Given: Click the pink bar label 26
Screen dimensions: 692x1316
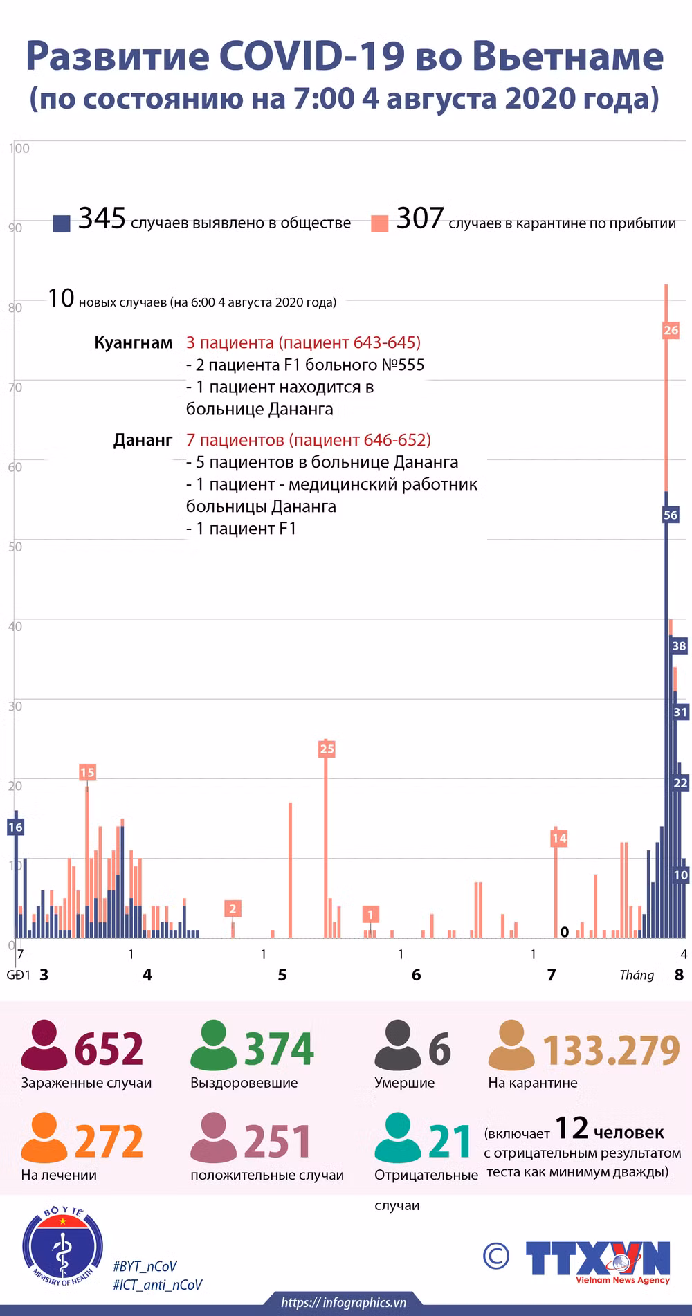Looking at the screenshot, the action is (671, 330).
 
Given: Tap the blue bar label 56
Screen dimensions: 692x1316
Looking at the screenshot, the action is (671, 515).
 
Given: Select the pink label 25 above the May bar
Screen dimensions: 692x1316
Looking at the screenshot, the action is (327, 749).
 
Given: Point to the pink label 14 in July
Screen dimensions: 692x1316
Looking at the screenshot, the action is (559, 839).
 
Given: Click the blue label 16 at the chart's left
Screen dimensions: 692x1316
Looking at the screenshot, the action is (15, 827).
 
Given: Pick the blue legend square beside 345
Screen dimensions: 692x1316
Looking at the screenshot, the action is (62, 223).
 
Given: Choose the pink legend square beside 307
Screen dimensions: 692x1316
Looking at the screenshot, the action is (379, 223).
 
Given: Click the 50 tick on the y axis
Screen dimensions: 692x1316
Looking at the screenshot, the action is (15, 547).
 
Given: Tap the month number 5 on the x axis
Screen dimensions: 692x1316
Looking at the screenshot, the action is (282, 975).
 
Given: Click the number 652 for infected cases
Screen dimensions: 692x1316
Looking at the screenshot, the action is (109, 1049).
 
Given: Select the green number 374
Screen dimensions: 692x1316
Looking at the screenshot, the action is (279, 1049).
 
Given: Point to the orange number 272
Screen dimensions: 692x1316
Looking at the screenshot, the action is (109, 1142).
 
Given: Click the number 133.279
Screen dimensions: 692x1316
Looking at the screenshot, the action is (612, 1050).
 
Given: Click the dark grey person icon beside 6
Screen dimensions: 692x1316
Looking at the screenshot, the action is (398, 1045).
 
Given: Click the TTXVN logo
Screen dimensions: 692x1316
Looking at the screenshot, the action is (598, 1261).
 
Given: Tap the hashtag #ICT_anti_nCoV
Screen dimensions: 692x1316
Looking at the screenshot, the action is (158, 1285).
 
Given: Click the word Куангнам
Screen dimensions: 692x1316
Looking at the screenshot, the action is (134, 342).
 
